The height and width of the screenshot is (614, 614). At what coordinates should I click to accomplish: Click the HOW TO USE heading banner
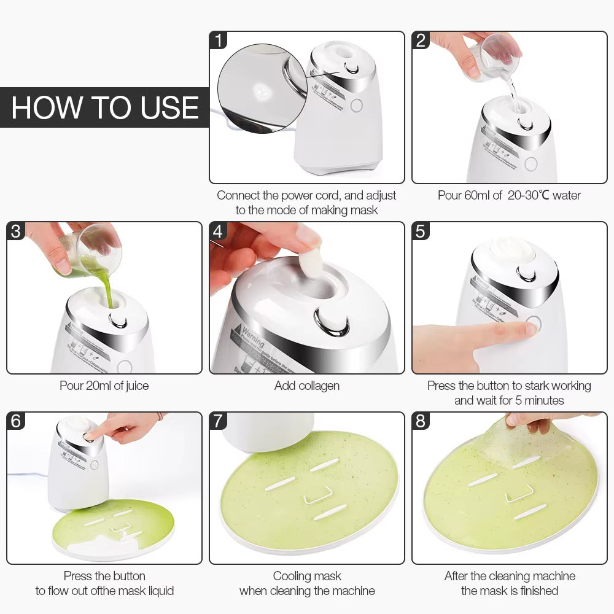(x=104, y=107)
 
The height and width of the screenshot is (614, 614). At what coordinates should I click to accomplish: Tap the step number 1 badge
(x=219, y=41)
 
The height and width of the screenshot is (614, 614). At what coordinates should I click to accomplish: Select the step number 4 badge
(x=219, y=231)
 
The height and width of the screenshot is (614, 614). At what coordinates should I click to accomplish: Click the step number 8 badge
(x=421, y=422)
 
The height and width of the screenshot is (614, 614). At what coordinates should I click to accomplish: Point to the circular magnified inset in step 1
(x=261, y=87)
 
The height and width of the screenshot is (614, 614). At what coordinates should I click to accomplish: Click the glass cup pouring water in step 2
(x=497, y=58)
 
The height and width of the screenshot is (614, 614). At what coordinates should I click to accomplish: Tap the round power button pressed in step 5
(x=532, y=325)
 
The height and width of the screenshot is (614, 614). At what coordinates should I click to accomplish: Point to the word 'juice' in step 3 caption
(x=135, y=386)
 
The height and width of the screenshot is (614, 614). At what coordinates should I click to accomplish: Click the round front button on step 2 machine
(x=530, y=163)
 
